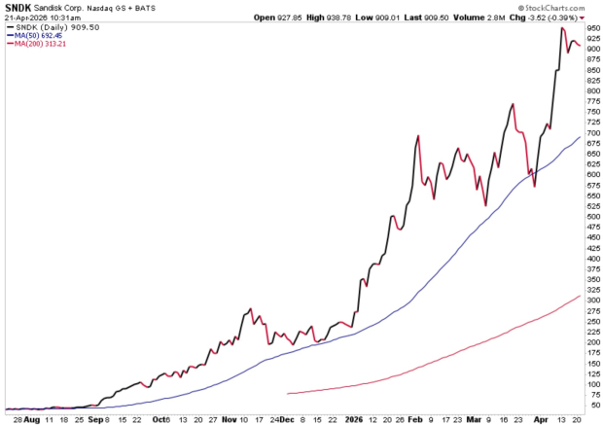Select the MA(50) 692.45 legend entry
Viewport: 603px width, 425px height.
[x=38, y=36]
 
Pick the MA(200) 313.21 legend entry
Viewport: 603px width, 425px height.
[x=40, y=45]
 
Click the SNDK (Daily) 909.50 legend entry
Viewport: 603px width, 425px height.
[x=49, y=27]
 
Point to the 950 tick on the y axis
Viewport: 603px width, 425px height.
[x=591, y=28]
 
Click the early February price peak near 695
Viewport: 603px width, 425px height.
[x=418, y=135]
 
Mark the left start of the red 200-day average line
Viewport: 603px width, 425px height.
[x=289, y=393]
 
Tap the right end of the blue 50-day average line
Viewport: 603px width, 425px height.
[x=580, y=137]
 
